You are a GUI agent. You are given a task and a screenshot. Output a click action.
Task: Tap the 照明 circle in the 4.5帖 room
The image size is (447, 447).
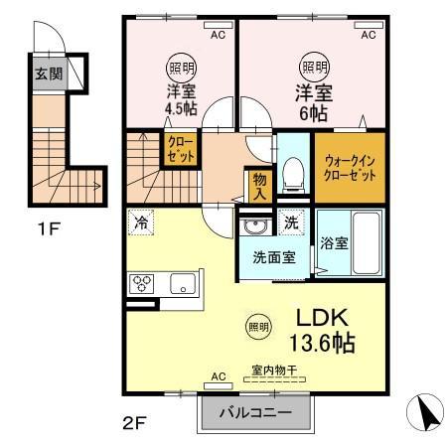180,68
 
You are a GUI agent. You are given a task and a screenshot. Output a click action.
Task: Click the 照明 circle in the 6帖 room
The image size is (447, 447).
315,68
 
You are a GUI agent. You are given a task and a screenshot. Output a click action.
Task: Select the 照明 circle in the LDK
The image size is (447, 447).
257,326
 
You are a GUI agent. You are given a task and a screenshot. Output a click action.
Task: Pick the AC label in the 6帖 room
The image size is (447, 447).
368,35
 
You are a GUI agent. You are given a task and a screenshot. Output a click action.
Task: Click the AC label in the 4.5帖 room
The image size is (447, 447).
217,35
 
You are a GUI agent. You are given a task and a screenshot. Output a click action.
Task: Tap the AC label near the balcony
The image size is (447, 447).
219,376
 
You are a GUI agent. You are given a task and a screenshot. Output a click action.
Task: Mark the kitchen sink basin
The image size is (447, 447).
183,284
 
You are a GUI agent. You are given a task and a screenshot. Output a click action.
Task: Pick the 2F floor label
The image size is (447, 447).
134,422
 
